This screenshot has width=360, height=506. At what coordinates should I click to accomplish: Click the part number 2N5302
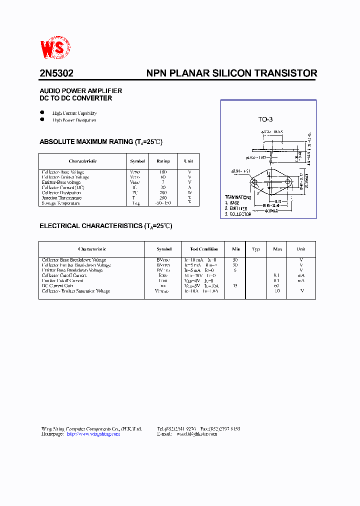56,73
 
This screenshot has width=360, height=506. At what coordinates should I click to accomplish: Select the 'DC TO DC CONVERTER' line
75,98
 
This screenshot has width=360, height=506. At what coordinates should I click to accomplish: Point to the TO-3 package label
265,119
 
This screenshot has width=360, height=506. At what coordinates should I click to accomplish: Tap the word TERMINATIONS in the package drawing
238,197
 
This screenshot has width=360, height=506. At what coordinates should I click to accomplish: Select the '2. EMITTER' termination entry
236,208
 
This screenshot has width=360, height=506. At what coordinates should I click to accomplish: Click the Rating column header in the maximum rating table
163,161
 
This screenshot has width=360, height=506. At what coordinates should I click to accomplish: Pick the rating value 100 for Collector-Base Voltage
163,172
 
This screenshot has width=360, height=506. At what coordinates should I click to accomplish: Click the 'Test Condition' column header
204,249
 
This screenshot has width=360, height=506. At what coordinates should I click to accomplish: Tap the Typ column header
256,249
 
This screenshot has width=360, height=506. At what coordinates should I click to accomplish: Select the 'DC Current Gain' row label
57,285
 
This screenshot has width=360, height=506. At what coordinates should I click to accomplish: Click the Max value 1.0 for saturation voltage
276,290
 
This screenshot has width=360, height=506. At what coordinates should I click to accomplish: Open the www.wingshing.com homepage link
93,434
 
